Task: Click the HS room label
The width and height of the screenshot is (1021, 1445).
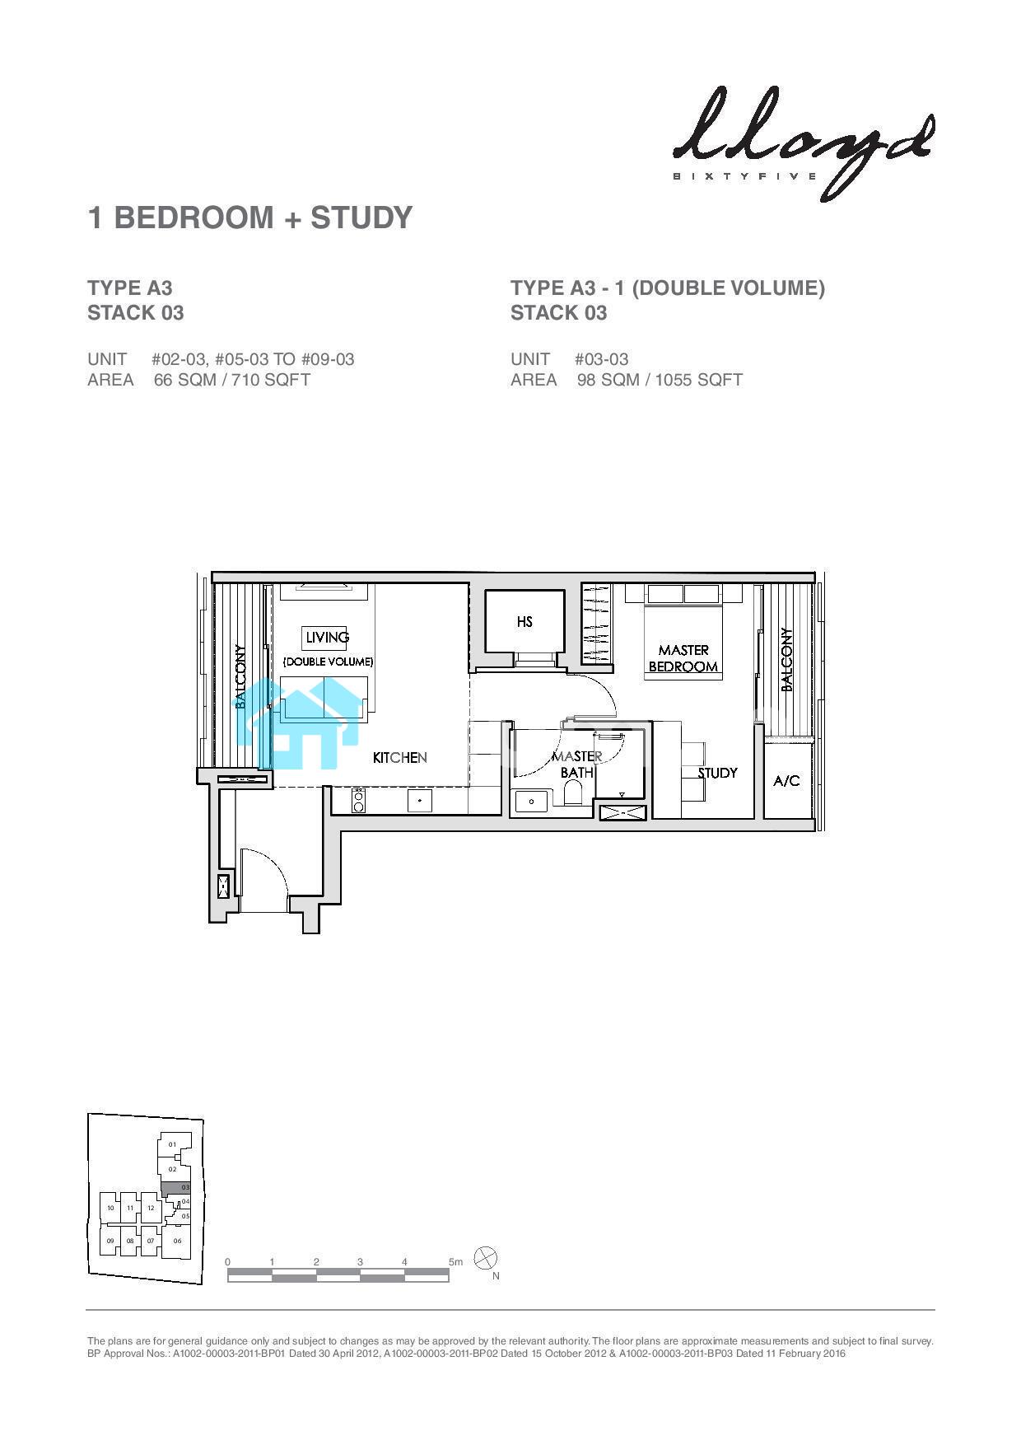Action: click(524, 622)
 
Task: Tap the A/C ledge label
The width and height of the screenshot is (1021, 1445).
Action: click(786, 780)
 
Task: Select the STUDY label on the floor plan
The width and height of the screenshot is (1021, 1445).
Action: click(717, 773)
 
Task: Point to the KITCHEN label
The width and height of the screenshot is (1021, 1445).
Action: click(399, 757)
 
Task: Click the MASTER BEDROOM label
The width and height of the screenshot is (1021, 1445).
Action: click(683, 658)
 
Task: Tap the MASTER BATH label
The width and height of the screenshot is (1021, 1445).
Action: click(576, 765)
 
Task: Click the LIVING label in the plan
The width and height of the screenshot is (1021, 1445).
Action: click(327, 637)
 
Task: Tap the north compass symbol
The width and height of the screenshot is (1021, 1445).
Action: click(487, 1259)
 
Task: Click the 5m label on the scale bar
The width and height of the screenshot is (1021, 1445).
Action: click(455, 1262)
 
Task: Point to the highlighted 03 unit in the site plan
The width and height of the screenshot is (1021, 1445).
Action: click(175, 1188)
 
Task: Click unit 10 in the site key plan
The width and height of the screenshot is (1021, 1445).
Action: click(110, 1209)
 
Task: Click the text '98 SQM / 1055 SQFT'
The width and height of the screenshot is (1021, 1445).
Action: click(660, 380)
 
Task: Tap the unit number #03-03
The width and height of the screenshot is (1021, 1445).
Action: click(602, 359)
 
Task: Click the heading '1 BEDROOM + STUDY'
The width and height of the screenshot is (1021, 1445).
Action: click(250, 217)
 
